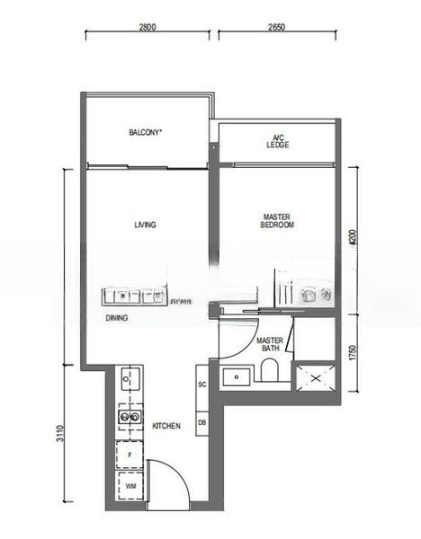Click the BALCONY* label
[145, 133]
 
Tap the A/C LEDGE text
[277, 140]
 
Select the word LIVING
[145, 225]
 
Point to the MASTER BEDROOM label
[278, 221]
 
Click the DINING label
[116, 318]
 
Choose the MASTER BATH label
[271, 345]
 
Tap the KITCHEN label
[166, 426]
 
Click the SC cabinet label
[202, 384]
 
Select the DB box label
[202, 422]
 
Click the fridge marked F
[130, 456]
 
